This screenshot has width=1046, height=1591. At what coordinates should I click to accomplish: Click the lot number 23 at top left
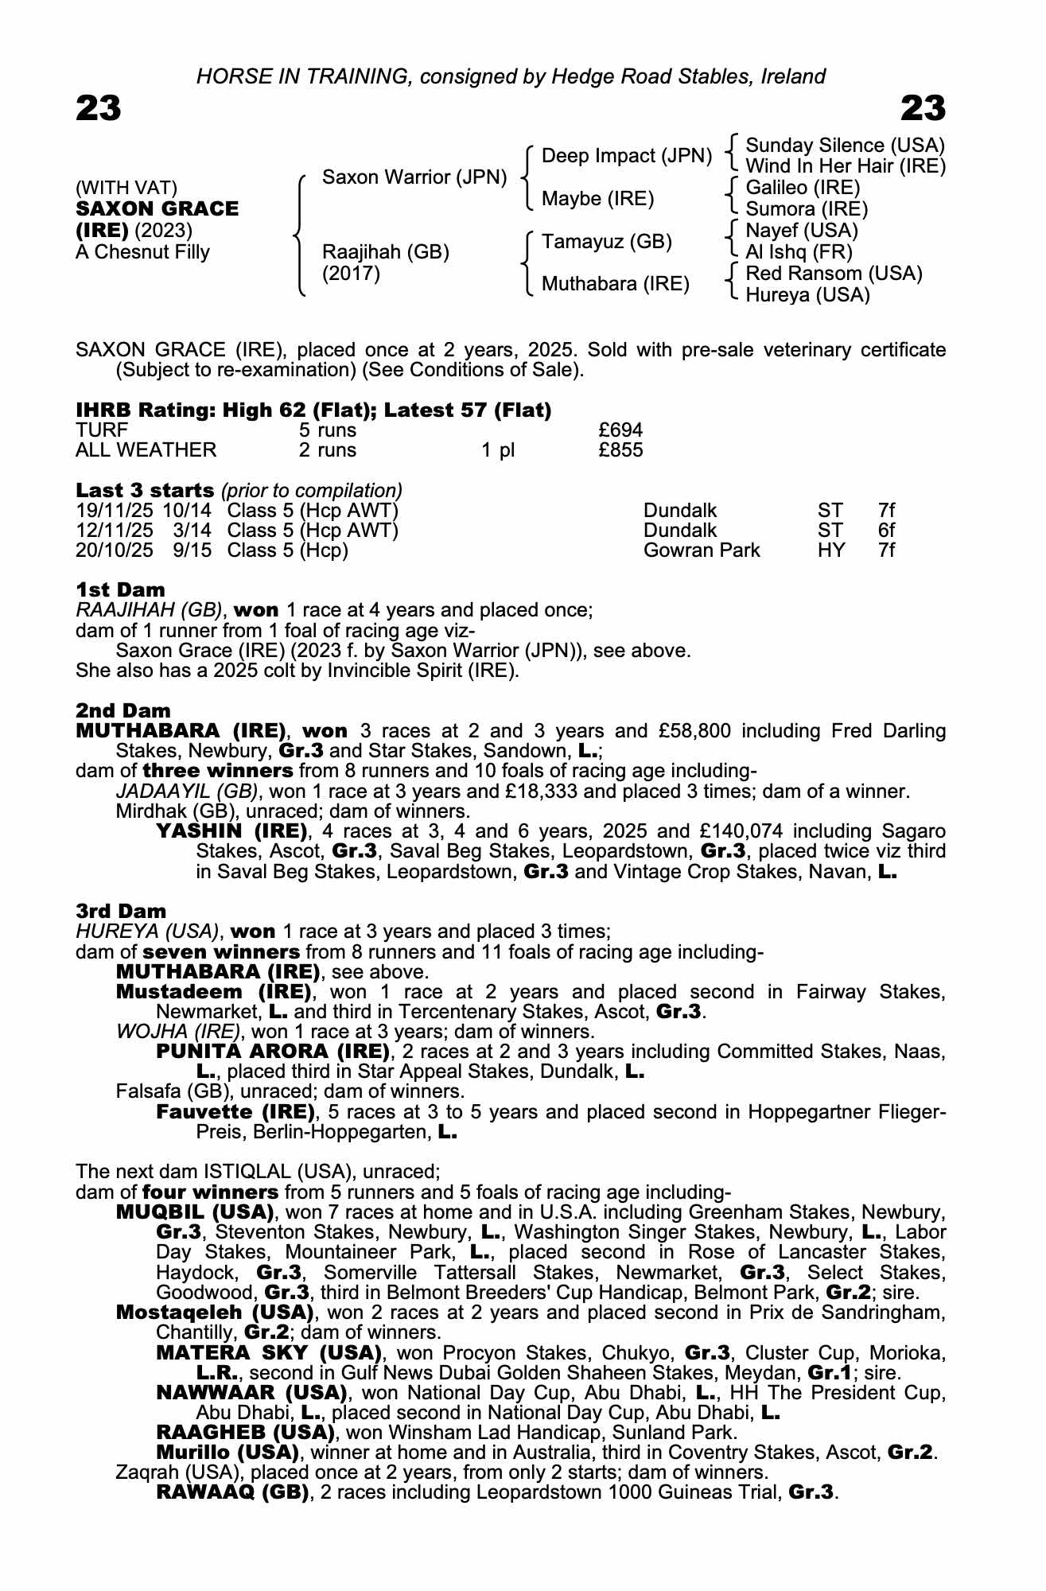coord(99,108)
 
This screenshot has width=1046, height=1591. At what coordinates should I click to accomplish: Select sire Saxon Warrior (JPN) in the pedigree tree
coord(414,177)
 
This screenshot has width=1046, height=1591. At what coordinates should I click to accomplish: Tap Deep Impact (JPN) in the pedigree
coord(626,156)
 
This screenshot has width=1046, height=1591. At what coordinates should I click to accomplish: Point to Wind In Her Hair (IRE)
coord(845,166)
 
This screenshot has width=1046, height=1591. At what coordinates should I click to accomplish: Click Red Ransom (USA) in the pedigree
coord(834,274)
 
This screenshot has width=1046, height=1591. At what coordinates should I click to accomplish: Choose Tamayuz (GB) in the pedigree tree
coord(606,241)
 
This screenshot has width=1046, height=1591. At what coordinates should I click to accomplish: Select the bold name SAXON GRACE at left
coord(157,209)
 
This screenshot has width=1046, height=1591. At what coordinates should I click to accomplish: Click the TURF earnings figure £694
coord(620,430)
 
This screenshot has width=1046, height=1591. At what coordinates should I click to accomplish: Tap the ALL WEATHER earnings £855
coord(620,450)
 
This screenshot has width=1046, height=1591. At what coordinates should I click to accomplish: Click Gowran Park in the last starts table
coord(701,550)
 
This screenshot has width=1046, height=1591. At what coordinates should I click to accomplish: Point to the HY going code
coord(831,550)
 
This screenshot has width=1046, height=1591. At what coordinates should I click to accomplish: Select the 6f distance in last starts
coord(886,531)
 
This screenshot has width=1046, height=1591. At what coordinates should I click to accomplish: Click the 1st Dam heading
coord(120,590)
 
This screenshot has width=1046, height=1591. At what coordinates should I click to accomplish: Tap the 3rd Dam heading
coord(121,911)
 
